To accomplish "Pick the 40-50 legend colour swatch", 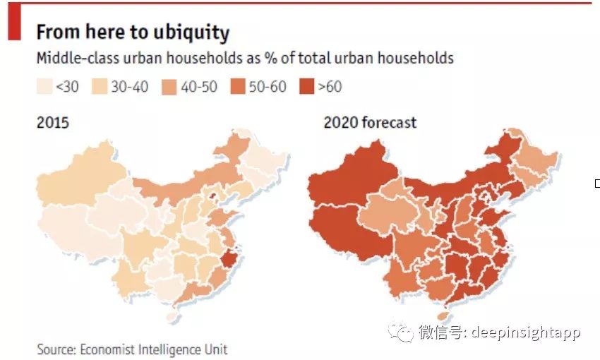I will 170,87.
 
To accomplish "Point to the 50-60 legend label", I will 268,87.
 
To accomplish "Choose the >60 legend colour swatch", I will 306,87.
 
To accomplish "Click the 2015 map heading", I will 53,123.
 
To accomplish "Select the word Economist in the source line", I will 112,349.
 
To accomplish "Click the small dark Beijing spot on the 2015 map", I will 210,195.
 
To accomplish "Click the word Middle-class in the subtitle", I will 76,58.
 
